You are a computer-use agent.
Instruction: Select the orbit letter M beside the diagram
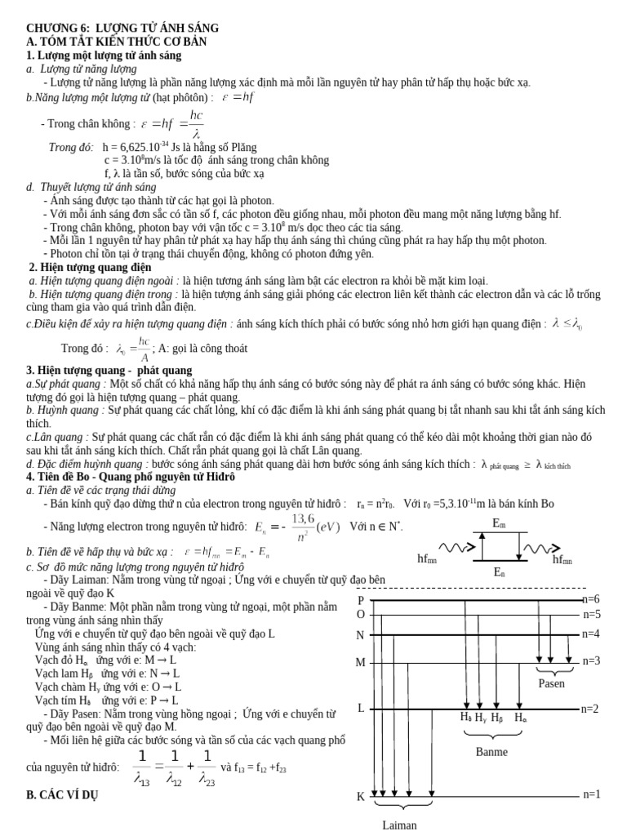[x=360, y=663]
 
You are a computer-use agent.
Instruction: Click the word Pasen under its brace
[x=551, y=683]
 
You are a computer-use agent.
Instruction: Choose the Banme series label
[x=491, y=752]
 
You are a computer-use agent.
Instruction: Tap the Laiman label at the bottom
[x=400, y=825]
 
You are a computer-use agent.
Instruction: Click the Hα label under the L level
[x=520, y=718]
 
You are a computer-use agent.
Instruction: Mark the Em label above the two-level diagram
[x=500, y=522]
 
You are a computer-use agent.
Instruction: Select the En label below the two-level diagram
[x=500, y=573]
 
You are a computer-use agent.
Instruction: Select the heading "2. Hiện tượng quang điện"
[x=91, y=267]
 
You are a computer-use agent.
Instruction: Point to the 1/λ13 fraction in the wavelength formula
[x=143, y=767]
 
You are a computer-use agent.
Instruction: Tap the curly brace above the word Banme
[x=491, y=735]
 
